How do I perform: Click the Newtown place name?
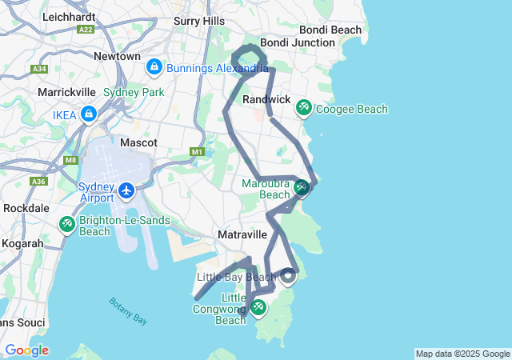[117, 57]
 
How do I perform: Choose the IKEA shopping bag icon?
[88, 115]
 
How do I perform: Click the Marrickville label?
[66, 92]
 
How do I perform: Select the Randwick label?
[266, 99]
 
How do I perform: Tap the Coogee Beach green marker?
[304, 107]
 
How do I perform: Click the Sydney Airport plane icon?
[126, 191]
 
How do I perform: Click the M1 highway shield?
[198, 151]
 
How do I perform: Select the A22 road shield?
[86, 29]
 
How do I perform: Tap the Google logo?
[26, 350]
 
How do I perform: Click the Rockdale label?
[26, 207]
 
